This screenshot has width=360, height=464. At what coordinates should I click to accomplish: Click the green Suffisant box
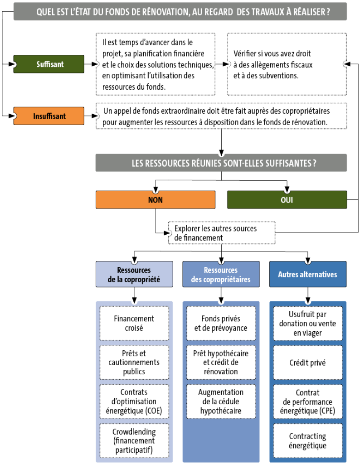click(49, 64)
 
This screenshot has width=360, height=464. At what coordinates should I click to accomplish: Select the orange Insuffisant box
click(49, 116)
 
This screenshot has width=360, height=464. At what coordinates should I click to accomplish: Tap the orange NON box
click(156, 200)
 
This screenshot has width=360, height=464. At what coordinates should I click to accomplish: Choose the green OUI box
click(287, 200)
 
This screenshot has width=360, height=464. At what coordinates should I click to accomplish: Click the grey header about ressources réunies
click(221, 163)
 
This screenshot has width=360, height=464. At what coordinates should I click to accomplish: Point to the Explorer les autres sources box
click(222, 233)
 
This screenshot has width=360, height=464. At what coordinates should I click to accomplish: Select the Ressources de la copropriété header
click(134, 274)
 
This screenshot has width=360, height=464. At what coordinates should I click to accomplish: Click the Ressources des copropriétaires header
click(221, 274)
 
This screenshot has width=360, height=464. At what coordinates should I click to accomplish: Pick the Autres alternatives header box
click(308, 274)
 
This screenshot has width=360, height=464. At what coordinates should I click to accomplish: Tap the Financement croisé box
click(134, 324)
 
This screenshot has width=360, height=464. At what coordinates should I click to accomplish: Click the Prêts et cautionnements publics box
click(134, 362)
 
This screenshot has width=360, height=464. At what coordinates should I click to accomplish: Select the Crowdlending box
click(134, 440)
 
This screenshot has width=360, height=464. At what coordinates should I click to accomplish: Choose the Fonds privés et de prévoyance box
click(221, 324)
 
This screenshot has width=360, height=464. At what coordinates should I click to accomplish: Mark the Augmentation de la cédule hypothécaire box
click(221, 401)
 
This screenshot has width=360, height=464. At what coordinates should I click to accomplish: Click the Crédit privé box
click(308, 362)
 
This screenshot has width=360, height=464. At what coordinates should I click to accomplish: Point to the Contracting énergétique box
click(308, 440)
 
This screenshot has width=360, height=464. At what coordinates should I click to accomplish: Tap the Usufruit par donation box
click(308, 324)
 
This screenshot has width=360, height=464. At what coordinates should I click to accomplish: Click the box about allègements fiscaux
click(287, 64)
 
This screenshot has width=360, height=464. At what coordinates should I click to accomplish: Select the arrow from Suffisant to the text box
click(91, 64)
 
